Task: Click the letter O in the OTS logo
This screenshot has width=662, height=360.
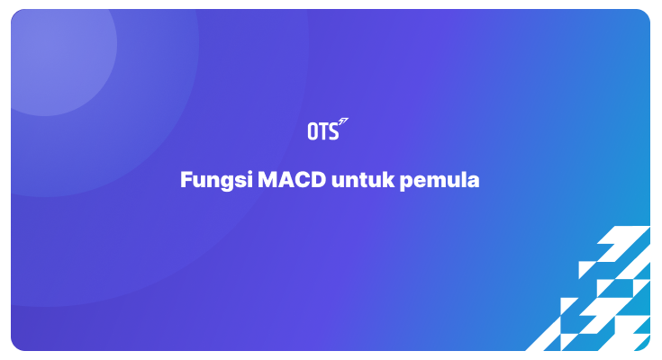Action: (x=313, y=131)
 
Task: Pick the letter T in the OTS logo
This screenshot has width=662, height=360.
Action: (x=322, y=131)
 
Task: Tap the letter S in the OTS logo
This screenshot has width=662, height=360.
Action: (x=333, y=131)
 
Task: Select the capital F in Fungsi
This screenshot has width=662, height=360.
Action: (x=186, y=180)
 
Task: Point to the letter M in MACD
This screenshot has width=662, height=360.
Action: (x=268, y=180)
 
